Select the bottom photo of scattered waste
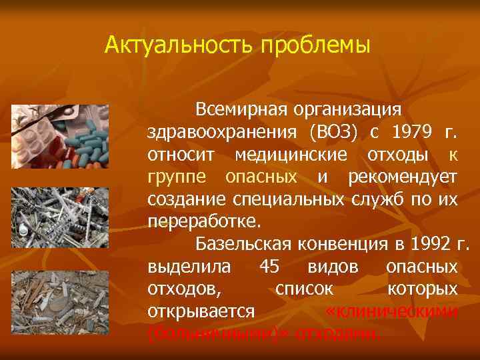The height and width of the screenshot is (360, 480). pos(60,297)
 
